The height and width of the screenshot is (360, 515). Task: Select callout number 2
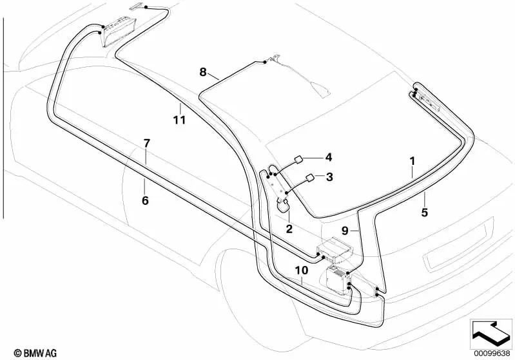pyautogui.click(x=289, y=228)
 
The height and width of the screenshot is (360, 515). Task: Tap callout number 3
pyautogui.click(x=329, y=177)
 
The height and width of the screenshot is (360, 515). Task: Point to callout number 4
pyautogui.click(x=329, y=156)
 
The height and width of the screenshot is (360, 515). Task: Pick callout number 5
pyautogui.click(x=425, y=210)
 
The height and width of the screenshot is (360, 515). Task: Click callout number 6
pyautogui.click(x=145, y=201)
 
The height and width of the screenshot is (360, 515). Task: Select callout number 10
pyautogui.click(x=302, y=272)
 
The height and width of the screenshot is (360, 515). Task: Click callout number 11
pyautogui.click(x=179, y=119)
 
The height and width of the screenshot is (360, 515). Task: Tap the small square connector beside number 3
pyautogui.click(x=310, y=178)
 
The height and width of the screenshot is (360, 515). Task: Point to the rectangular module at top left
pyautogui.click(x=117, y=30)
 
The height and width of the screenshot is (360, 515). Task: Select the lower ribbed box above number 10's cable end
pyautogui.click(x=336, y=278)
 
